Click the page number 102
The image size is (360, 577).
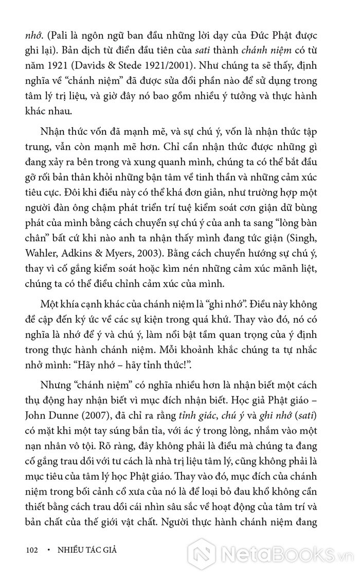coord(32,550)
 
